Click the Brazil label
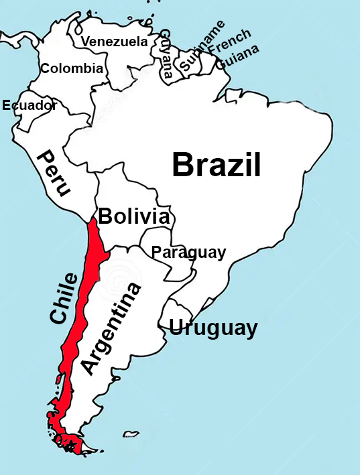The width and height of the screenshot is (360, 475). (x=216, y=165)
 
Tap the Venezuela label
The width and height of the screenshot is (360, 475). (x=115, y=42)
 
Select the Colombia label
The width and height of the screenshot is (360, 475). (x=72, y=68)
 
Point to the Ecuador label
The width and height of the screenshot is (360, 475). (x=29, y=105)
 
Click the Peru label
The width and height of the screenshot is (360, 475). (x=54, y=173)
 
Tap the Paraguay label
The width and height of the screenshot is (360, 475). (x=188, y=253)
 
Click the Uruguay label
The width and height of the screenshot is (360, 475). (x=213, y=328)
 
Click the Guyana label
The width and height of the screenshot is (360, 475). (x=166, y=54)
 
